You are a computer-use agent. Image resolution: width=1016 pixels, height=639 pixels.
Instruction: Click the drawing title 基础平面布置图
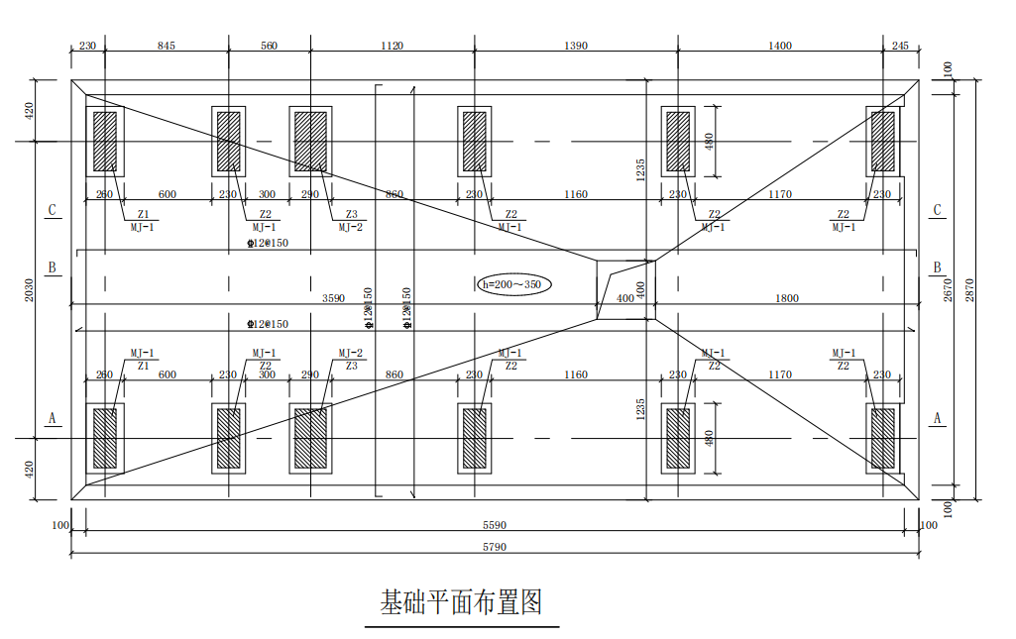(462, 601)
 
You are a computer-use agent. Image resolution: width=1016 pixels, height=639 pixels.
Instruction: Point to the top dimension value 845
(167, 46)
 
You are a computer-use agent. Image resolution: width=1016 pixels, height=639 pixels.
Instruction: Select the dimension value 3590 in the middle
(333, 298)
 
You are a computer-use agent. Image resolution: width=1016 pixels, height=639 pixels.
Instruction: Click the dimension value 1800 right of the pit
(787, 298)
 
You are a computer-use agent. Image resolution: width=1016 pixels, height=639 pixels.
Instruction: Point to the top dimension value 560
(269, 46)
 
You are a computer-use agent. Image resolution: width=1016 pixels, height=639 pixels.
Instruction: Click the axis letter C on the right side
(936, 210)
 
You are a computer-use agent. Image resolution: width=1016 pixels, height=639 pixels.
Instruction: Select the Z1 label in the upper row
(143, 214)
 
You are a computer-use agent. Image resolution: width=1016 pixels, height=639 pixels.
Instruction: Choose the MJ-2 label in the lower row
(350, 353)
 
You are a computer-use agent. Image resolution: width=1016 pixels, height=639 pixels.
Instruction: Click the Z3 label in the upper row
(351, 214)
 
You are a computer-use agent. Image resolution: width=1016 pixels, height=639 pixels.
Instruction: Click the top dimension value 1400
(780, 46)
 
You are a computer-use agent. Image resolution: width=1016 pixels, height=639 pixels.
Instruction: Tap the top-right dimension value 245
(899, 46)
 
